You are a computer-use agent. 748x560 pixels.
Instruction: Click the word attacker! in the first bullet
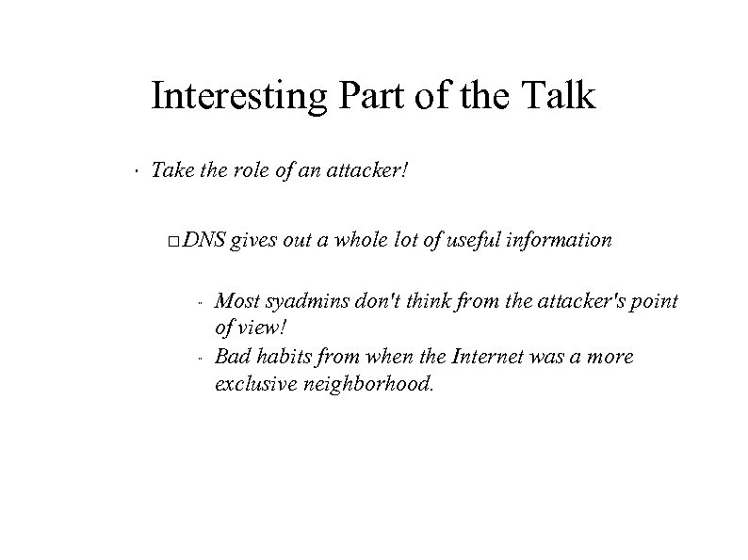[368, 171]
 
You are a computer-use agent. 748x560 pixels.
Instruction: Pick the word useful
[469, 240]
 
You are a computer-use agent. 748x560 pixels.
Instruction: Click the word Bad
[232, 358]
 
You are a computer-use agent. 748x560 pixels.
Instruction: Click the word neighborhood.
[368, 382]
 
